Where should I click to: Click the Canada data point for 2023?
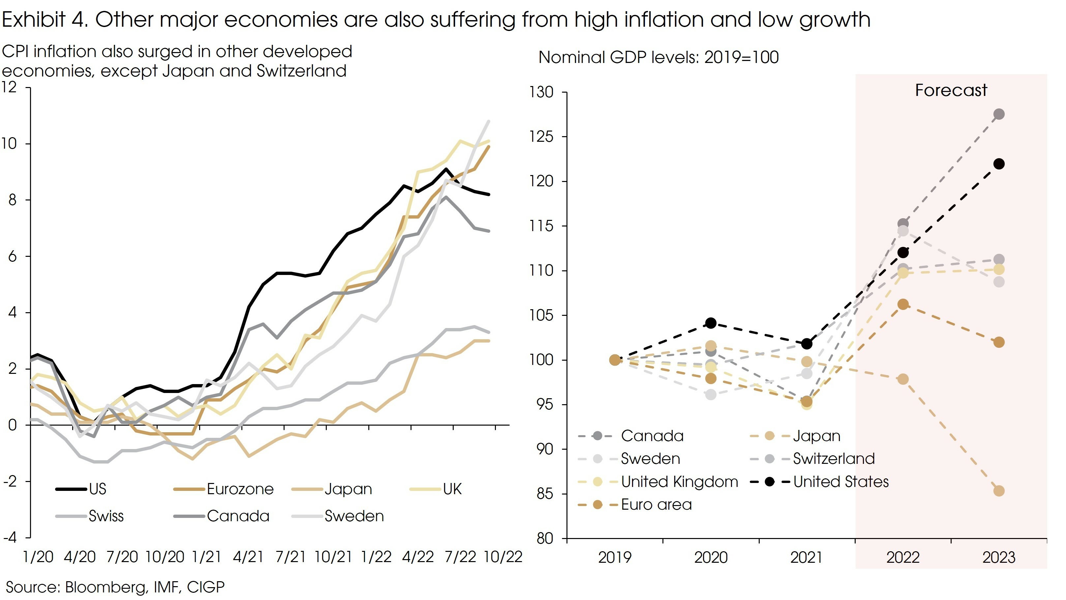(x=998, y=114)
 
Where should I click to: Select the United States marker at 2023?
(x=998, y=164)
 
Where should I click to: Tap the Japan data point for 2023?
(x=998, y=491)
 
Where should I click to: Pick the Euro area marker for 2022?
(x=903, y=305)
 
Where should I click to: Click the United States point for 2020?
(x=711, y=323)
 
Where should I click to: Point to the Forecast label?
(x=951, y=90)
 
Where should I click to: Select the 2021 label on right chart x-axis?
(x=807, y=557)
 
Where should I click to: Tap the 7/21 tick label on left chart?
(x=290, y=557)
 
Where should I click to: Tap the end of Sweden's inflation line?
(x=489, y=121)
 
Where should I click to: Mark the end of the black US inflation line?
(x=489, y=195)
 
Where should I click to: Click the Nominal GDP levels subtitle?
(x=658, y=57)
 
